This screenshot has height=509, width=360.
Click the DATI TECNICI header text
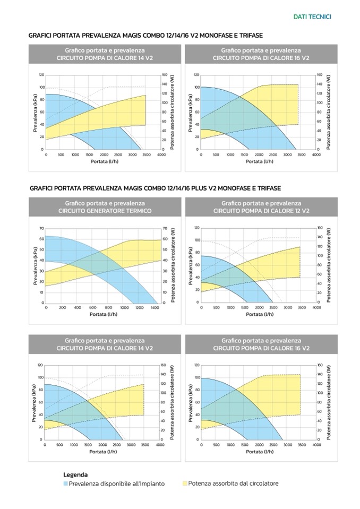tap(312, 17)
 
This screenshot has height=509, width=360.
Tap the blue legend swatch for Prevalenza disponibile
tap(65, 484)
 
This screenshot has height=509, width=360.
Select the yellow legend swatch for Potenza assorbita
tap(185, 484)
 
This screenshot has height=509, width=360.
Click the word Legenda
tap(75, 475)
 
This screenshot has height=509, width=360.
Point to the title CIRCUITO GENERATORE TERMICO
tap(105, 211)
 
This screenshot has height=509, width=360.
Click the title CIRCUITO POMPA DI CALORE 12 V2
tap(261, 211)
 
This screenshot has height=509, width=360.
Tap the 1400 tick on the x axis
tap(155, 307)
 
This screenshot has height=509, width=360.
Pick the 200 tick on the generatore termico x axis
tap(62, 307)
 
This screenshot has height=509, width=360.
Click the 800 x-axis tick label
tap(108, 307)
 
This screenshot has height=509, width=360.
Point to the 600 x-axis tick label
tap(92, 307)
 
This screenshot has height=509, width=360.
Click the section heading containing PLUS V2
tap(155, 188)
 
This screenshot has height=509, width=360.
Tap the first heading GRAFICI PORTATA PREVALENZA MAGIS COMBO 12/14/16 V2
tap(145, 34)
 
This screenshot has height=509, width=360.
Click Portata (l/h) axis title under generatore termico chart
tap(104, 314)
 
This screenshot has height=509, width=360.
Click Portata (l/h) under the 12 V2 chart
tap(260, 314)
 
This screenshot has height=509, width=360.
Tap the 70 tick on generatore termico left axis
tap(41, 228)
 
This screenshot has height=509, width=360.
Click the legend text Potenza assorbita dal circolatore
tap(233, 484)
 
